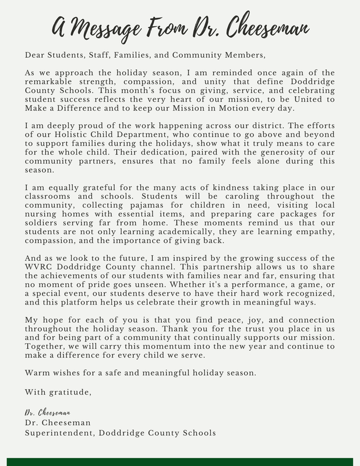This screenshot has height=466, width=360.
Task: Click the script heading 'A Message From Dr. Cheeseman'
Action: click(x=180, y=26)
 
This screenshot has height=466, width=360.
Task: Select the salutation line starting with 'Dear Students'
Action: click(x=144, y=55)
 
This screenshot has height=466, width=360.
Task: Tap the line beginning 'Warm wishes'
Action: click(x=140, y=373)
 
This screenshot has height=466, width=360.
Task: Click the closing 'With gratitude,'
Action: click(x=58, y=391)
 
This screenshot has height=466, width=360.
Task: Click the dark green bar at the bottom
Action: click(x=180, y=461)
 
